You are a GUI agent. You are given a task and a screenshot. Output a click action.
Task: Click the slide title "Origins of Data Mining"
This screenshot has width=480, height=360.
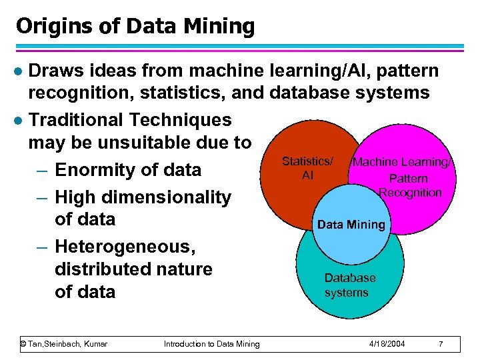tap(135, 27)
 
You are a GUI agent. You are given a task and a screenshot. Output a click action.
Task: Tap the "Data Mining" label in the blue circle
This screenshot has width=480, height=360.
tap(351, 225)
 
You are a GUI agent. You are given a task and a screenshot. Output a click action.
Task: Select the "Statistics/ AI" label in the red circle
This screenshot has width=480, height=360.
tap(307, 168)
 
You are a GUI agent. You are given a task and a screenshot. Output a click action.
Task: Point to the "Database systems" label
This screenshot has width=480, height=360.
tap(349, 285)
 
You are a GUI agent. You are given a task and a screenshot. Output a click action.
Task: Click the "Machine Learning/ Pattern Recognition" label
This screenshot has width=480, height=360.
tap(407, 177)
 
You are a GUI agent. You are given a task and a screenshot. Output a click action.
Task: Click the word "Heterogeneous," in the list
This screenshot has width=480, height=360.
tap(125, 247)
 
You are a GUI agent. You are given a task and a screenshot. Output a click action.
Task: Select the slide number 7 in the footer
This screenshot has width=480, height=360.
tap(441, 344)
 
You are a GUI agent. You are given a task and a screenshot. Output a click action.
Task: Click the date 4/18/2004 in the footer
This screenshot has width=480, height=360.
tap(386, 344)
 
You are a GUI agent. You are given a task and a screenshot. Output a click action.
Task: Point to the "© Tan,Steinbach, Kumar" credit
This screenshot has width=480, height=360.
tap(64, 344)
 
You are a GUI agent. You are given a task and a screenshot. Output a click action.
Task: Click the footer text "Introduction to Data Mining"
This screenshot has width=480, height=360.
tap(211, 344)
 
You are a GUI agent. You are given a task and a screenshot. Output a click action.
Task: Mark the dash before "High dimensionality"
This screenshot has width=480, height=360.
tap(41, 197)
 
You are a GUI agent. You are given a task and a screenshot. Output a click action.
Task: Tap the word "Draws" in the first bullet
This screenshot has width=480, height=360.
tap(55, 71)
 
